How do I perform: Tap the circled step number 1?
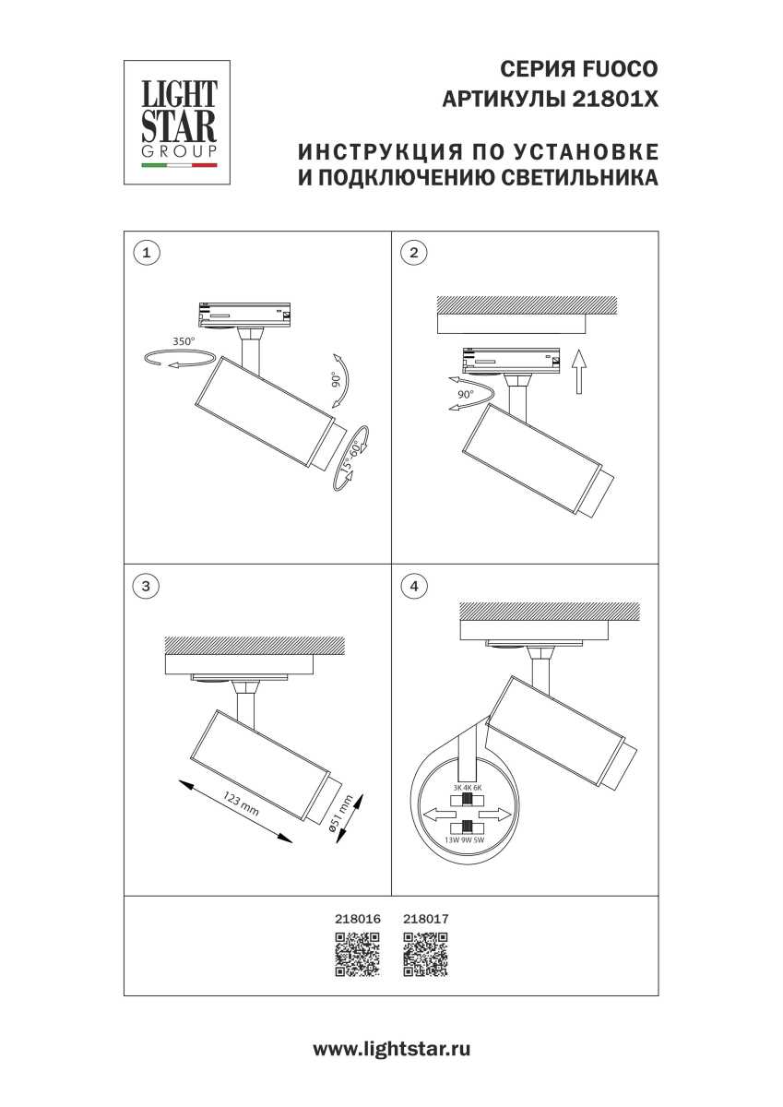[146, 252]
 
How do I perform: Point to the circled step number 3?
[146, 585]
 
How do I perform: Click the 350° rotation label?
[184, 341]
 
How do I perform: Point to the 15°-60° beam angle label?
[350, 456]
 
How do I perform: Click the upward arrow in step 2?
[577, 371]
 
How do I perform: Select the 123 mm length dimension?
[241, 803]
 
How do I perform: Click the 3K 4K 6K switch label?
[468, 787]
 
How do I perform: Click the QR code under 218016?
[356, 954]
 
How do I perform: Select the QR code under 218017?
[426, 954]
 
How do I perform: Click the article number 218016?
[356, 920]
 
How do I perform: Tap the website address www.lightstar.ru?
[392, 1049]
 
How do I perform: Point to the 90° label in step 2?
[465, 394]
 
